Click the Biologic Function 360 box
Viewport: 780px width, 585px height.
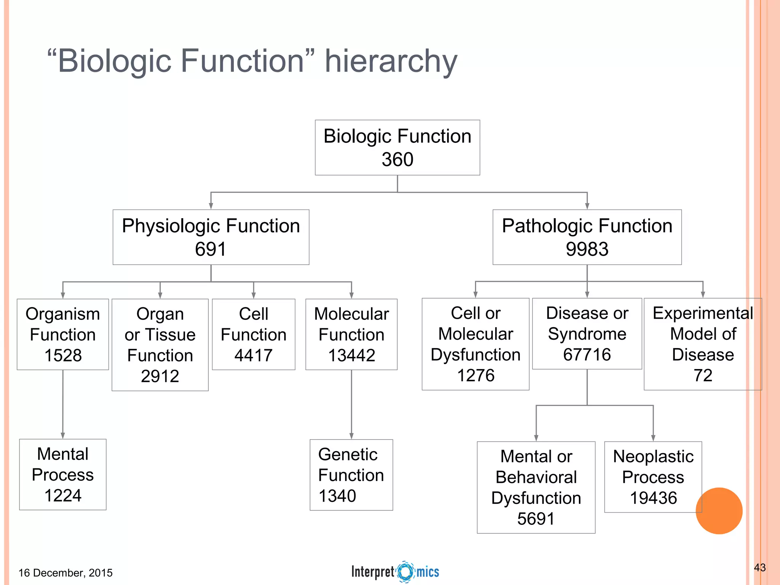pyautogui.click(x=397, y=148)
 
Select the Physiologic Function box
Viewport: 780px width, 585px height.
pyautogui.click(x=211, y=237)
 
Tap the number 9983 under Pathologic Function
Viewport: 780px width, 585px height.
pyautogui.click(x=587, y=249)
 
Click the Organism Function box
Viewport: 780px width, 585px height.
pyautogui.click(x=63, y=334)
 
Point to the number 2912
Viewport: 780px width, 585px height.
pyautogui.click(x=160, y=376)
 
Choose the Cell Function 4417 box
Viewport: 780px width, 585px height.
pyautogui.click(x=253, y=334)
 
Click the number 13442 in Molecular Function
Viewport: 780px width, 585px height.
pyautogui.click(x=352, y=355)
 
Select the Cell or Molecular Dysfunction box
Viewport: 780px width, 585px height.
pyautogui.click(x=475, y=344)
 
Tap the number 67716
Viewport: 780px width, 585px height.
pyautogui.click(x=587, y=355)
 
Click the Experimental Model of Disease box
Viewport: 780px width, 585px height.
pyautogui.click(x=703, y=344)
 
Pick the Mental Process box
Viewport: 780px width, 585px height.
pyautogui.click(x=63, y=475)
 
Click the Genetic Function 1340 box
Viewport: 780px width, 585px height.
pyautogui.click(x=351, y=475)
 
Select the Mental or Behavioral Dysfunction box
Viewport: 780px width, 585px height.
pyautogui.click(x=536, y=487)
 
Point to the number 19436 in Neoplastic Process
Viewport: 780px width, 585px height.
pyautogui.click(x=653, y=498)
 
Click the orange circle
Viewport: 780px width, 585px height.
pyautogui.click(x=719, y=511)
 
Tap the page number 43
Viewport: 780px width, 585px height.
pyautogui.click(x=759, y=567)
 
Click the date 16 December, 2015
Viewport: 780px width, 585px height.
pyautogui.click(x=66, y=573)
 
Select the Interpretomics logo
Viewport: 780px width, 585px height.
pyautogui.click(x=395, y=572)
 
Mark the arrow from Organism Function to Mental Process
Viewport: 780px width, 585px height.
pyautogui.click(x=63, y=404)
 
